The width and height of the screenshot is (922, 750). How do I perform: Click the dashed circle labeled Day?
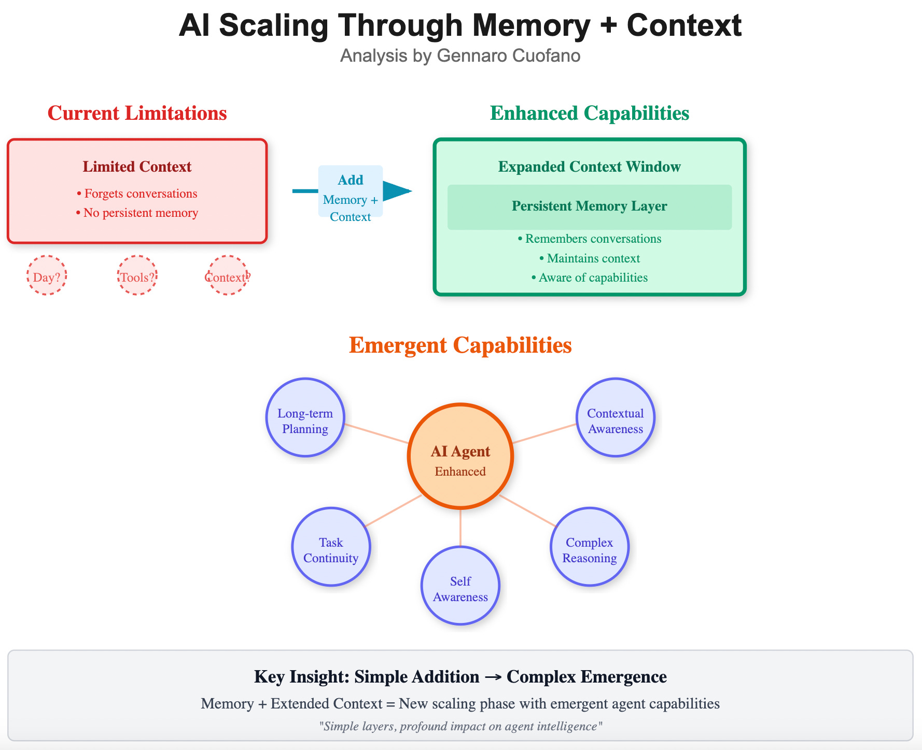coord(47,275)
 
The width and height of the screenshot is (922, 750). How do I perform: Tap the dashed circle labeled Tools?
coord(137,275)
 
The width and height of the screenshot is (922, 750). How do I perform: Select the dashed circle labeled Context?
coord(228,275)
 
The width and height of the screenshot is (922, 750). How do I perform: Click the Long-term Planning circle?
coord(305,418)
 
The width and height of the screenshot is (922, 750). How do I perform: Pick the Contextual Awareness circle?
coord(615,418)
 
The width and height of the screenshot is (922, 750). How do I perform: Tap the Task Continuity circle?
coord(331,547)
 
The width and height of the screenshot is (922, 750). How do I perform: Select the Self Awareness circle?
coord(460,586)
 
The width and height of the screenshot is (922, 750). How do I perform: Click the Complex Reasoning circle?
coord(589,547)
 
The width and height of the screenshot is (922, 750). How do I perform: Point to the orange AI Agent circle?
coord(460,456)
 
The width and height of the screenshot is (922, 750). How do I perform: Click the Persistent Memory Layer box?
coord(589,206)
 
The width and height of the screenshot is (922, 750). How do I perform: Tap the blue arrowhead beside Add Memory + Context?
coord(396,191)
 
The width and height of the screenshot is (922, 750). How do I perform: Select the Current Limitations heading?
coord(137,113)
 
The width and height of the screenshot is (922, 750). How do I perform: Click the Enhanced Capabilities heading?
coord(589,113)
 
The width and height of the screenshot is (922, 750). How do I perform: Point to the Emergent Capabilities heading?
coord(460,345)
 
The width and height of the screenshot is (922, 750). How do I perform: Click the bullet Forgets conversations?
coord(137,193)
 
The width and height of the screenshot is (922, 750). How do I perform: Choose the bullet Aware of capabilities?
coord(589,277)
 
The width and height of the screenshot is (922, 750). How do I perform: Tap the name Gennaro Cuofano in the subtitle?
coord(508,55)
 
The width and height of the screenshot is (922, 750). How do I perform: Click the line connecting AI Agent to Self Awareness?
coord(460,527)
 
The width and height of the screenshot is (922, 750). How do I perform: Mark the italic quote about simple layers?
coord(460,726)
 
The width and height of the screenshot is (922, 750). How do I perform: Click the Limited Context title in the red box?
coord(137,166)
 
